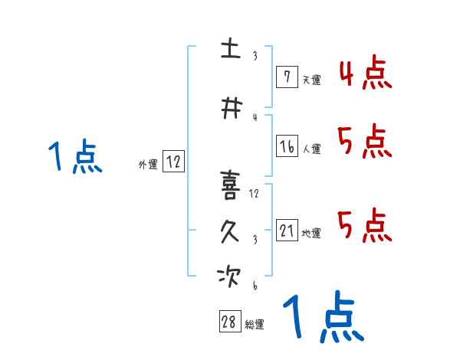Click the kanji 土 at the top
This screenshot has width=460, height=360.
231,48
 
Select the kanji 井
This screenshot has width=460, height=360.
232,108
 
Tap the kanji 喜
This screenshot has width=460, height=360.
230,185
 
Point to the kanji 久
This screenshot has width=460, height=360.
230,231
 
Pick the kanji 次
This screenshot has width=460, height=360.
229,277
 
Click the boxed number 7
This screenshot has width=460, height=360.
287,77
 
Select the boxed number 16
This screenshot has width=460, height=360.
287,146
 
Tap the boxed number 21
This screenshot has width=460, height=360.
287,230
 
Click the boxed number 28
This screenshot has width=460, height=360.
230,321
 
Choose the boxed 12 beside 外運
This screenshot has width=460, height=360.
173,162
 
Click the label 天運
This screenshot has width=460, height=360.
311,80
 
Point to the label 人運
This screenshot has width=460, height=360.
311,149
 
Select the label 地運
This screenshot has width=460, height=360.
311,233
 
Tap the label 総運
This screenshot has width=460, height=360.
255,325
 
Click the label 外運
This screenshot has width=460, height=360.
148,165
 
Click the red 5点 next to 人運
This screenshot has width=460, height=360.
365,142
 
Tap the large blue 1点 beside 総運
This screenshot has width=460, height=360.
324,317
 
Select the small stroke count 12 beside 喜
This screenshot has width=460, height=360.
254,194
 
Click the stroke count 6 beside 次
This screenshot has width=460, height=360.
255,285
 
